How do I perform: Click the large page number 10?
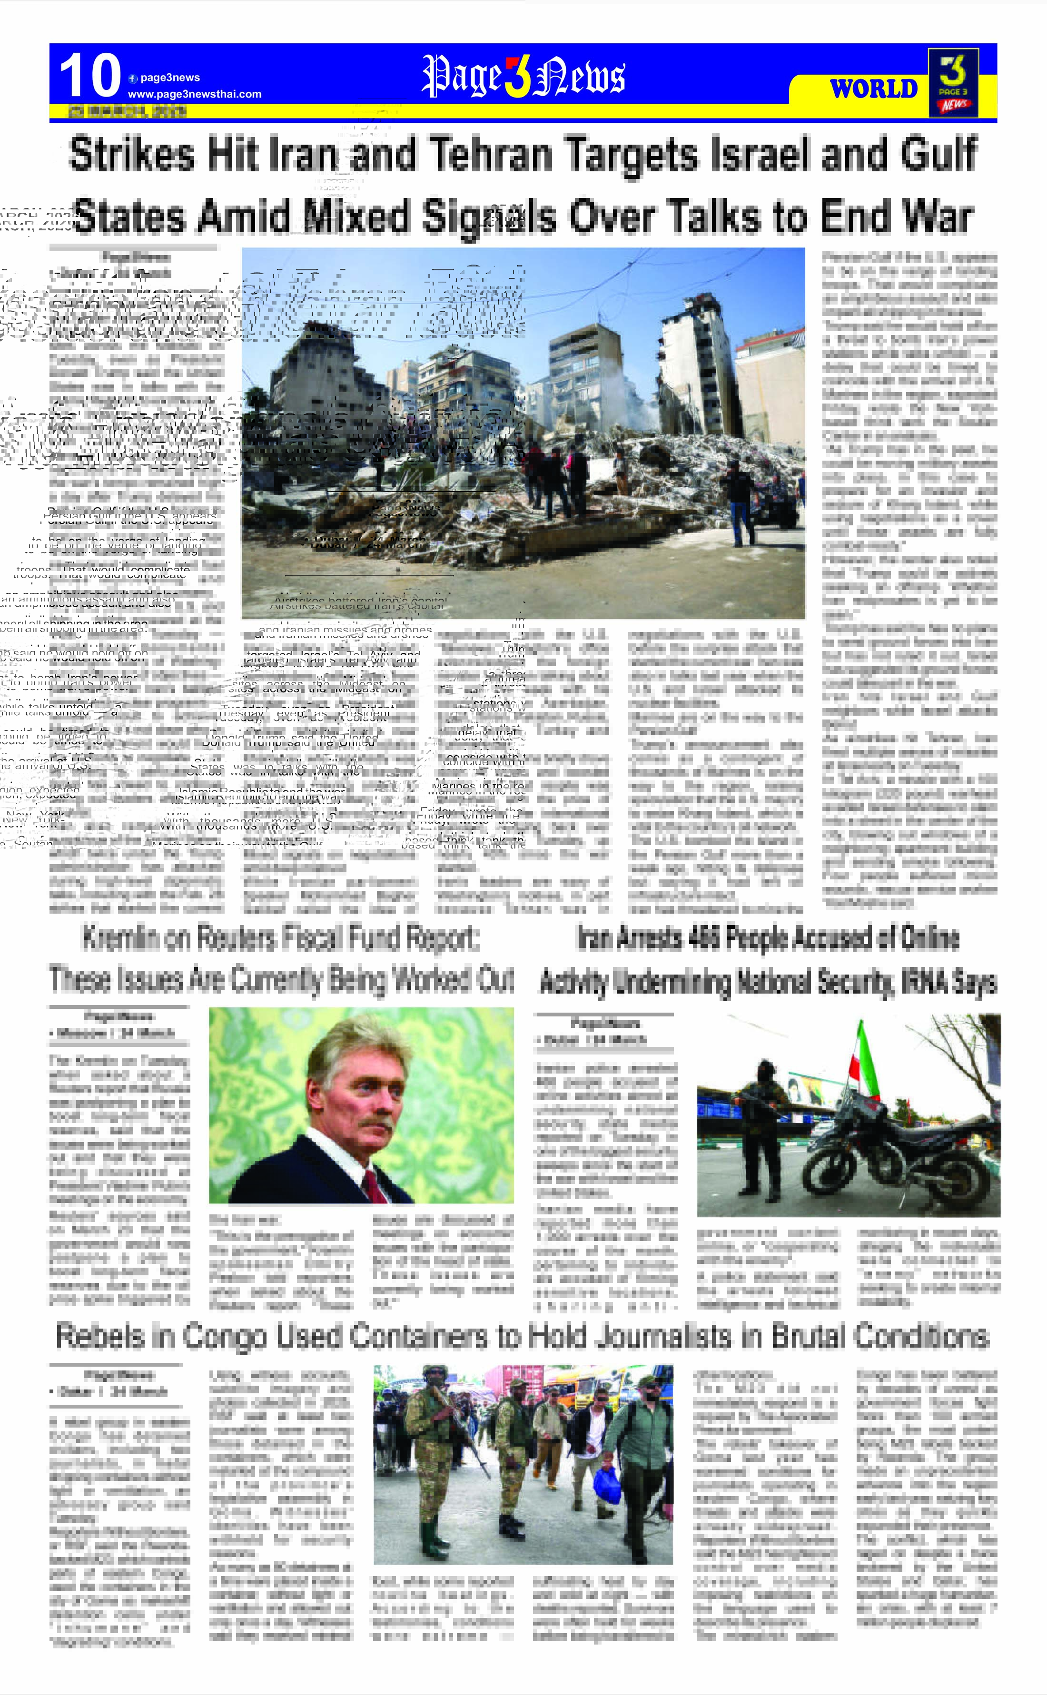click(90, 76)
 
